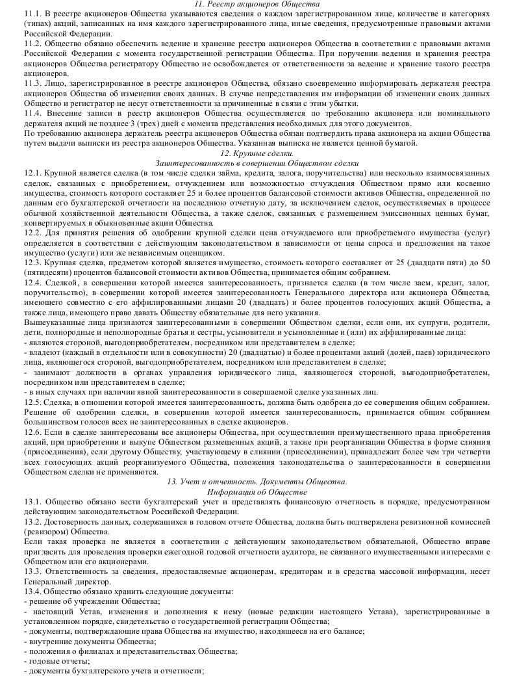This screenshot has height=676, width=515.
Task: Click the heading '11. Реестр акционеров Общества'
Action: point(257,4)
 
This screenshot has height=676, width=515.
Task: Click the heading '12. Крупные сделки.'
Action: point(257,153)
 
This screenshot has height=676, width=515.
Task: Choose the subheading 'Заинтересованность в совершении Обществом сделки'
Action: point(257,162)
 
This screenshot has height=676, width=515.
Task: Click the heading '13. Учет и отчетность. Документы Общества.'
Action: point(257,482)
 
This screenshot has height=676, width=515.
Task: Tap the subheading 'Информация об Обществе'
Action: point(257,491)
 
